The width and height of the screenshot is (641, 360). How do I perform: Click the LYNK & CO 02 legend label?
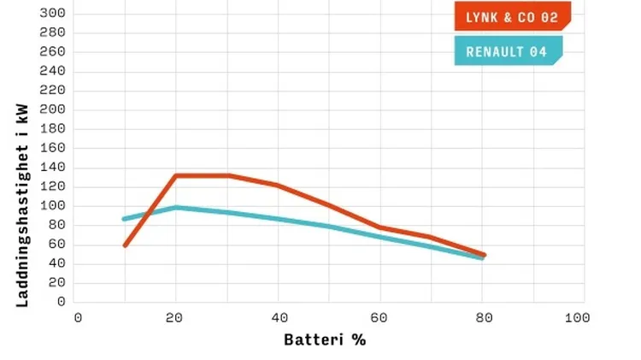click(512, 16)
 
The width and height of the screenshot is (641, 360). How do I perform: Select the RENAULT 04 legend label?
click(507, 51)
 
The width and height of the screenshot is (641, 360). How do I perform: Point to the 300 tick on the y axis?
click(53, 13)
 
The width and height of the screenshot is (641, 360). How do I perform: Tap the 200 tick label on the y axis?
click(53, 109)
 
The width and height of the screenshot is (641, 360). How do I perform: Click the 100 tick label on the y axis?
click(53, 206)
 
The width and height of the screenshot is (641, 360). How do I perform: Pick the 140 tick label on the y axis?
click(53, 168)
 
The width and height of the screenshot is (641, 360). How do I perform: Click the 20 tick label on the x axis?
click(175, 318)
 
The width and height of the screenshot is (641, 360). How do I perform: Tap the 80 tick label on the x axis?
click(484, 318)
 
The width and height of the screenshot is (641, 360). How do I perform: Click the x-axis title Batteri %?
click(325, 339)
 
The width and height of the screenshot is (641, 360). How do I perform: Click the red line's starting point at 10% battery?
click(126, 245)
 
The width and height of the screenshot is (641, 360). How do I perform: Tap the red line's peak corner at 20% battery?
click(175, 176)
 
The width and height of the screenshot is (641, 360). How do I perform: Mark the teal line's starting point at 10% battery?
click(125, 219)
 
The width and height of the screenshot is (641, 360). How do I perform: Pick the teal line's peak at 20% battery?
click(175, 207)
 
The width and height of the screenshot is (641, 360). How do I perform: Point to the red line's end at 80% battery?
click(484, 255)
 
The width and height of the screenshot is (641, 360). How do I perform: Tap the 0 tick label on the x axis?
click(78, 318)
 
